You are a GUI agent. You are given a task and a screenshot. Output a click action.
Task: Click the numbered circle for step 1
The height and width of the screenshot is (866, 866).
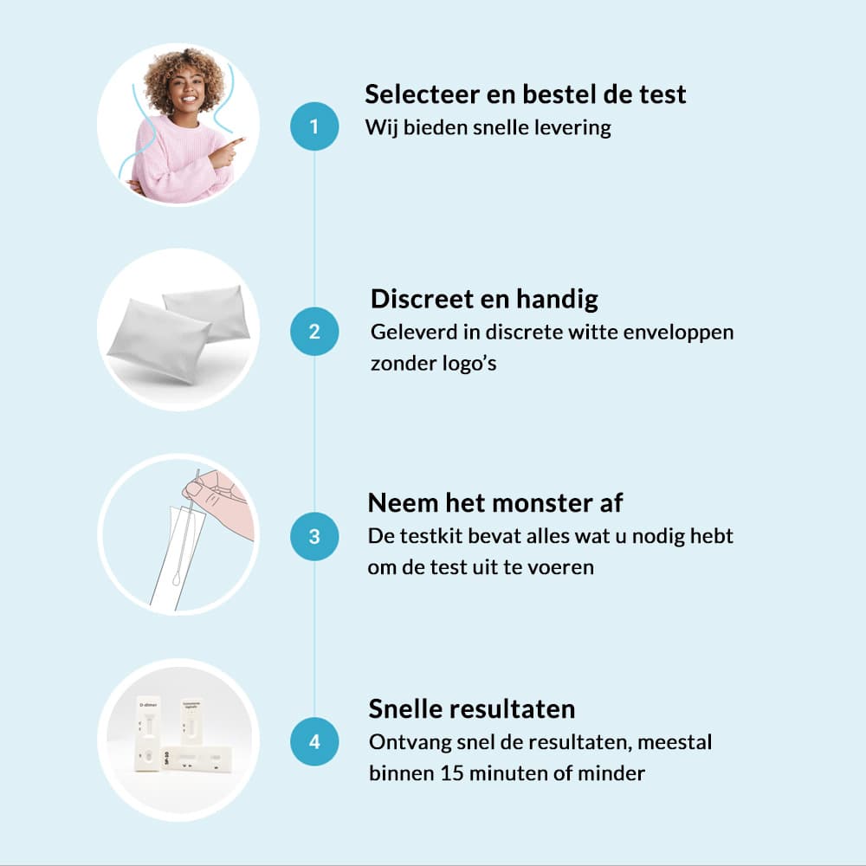point(314,126)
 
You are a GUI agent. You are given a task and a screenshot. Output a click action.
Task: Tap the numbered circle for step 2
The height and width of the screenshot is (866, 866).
point(314,332)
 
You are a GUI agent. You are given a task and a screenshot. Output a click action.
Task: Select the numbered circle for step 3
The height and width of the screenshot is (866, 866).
point(314,536)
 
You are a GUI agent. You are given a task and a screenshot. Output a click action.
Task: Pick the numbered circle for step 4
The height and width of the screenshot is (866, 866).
point(314,741)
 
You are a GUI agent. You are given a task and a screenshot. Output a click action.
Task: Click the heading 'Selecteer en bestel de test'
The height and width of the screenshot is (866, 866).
point(526,94)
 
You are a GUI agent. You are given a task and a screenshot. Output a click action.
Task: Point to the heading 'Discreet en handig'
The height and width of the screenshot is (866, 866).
point(484,300)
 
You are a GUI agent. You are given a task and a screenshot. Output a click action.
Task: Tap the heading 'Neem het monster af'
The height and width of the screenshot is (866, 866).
point(494,503)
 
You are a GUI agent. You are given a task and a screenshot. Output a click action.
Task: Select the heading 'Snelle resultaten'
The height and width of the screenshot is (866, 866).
point(472,708)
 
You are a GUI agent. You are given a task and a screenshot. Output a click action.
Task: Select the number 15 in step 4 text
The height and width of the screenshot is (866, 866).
point(452,773)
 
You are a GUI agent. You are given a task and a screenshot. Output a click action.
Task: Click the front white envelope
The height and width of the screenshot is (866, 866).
point(158,340)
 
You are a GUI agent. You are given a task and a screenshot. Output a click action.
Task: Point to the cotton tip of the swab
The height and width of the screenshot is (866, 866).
point(177,578)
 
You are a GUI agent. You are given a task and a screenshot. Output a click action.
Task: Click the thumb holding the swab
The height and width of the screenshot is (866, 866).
point(195,488)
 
